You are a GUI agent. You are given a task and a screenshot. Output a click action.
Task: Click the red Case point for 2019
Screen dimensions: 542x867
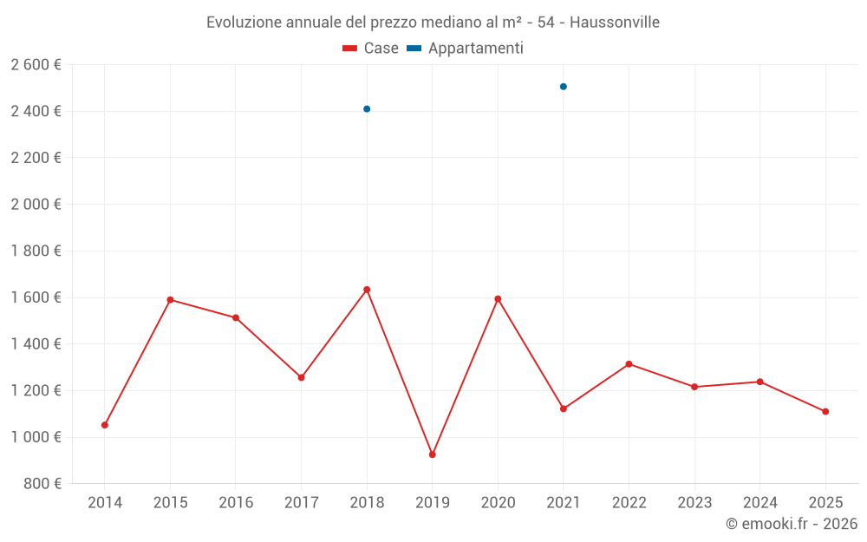433,454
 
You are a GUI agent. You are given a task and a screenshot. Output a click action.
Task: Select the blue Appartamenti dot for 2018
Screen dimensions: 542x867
367,109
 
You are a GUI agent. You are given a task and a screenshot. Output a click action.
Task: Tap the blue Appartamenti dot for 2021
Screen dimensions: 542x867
564,87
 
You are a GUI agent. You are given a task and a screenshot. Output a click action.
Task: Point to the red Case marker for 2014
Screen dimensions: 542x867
105,425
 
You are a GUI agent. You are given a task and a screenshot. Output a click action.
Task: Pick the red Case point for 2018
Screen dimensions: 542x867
367,290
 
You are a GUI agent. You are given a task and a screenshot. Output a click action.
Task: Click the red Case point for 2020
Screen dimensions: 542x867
498,299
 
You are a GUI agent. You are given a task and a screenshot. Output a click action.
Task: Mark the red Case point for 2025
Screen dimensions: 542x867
825,412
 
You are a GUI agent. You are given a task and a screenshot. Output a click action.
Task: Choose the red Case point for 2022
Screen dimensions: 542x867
629,364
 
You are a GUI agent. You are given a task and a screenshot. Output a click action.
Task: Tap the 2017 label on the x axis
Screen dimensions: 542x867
301,503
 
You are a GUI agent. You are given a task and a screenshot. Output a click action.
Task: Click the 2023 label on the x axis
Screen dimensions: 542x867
694,503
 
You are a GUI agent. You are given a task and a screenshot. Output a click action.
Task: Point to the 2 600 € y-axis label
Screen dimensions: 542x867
36,65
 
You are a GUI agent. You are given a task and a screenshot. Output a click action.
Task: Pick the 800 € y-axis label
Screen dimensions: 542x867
42,484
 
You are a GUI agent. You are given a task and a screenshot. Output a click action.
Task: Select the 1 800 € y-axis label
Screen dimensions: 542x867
36,251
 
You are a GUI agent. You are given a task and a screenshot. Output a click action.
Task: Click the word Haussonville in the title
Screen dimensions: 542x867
615,23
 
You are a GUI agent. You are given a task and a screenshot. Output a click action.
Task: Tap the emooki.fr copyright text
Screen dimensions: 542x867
792,524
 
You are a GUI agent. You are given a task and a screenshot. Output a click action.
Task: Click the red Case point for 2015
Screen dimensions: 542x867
170,300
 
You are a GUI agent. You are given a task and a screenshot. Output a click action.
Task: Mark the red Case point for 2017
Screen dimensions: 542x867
301,377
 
